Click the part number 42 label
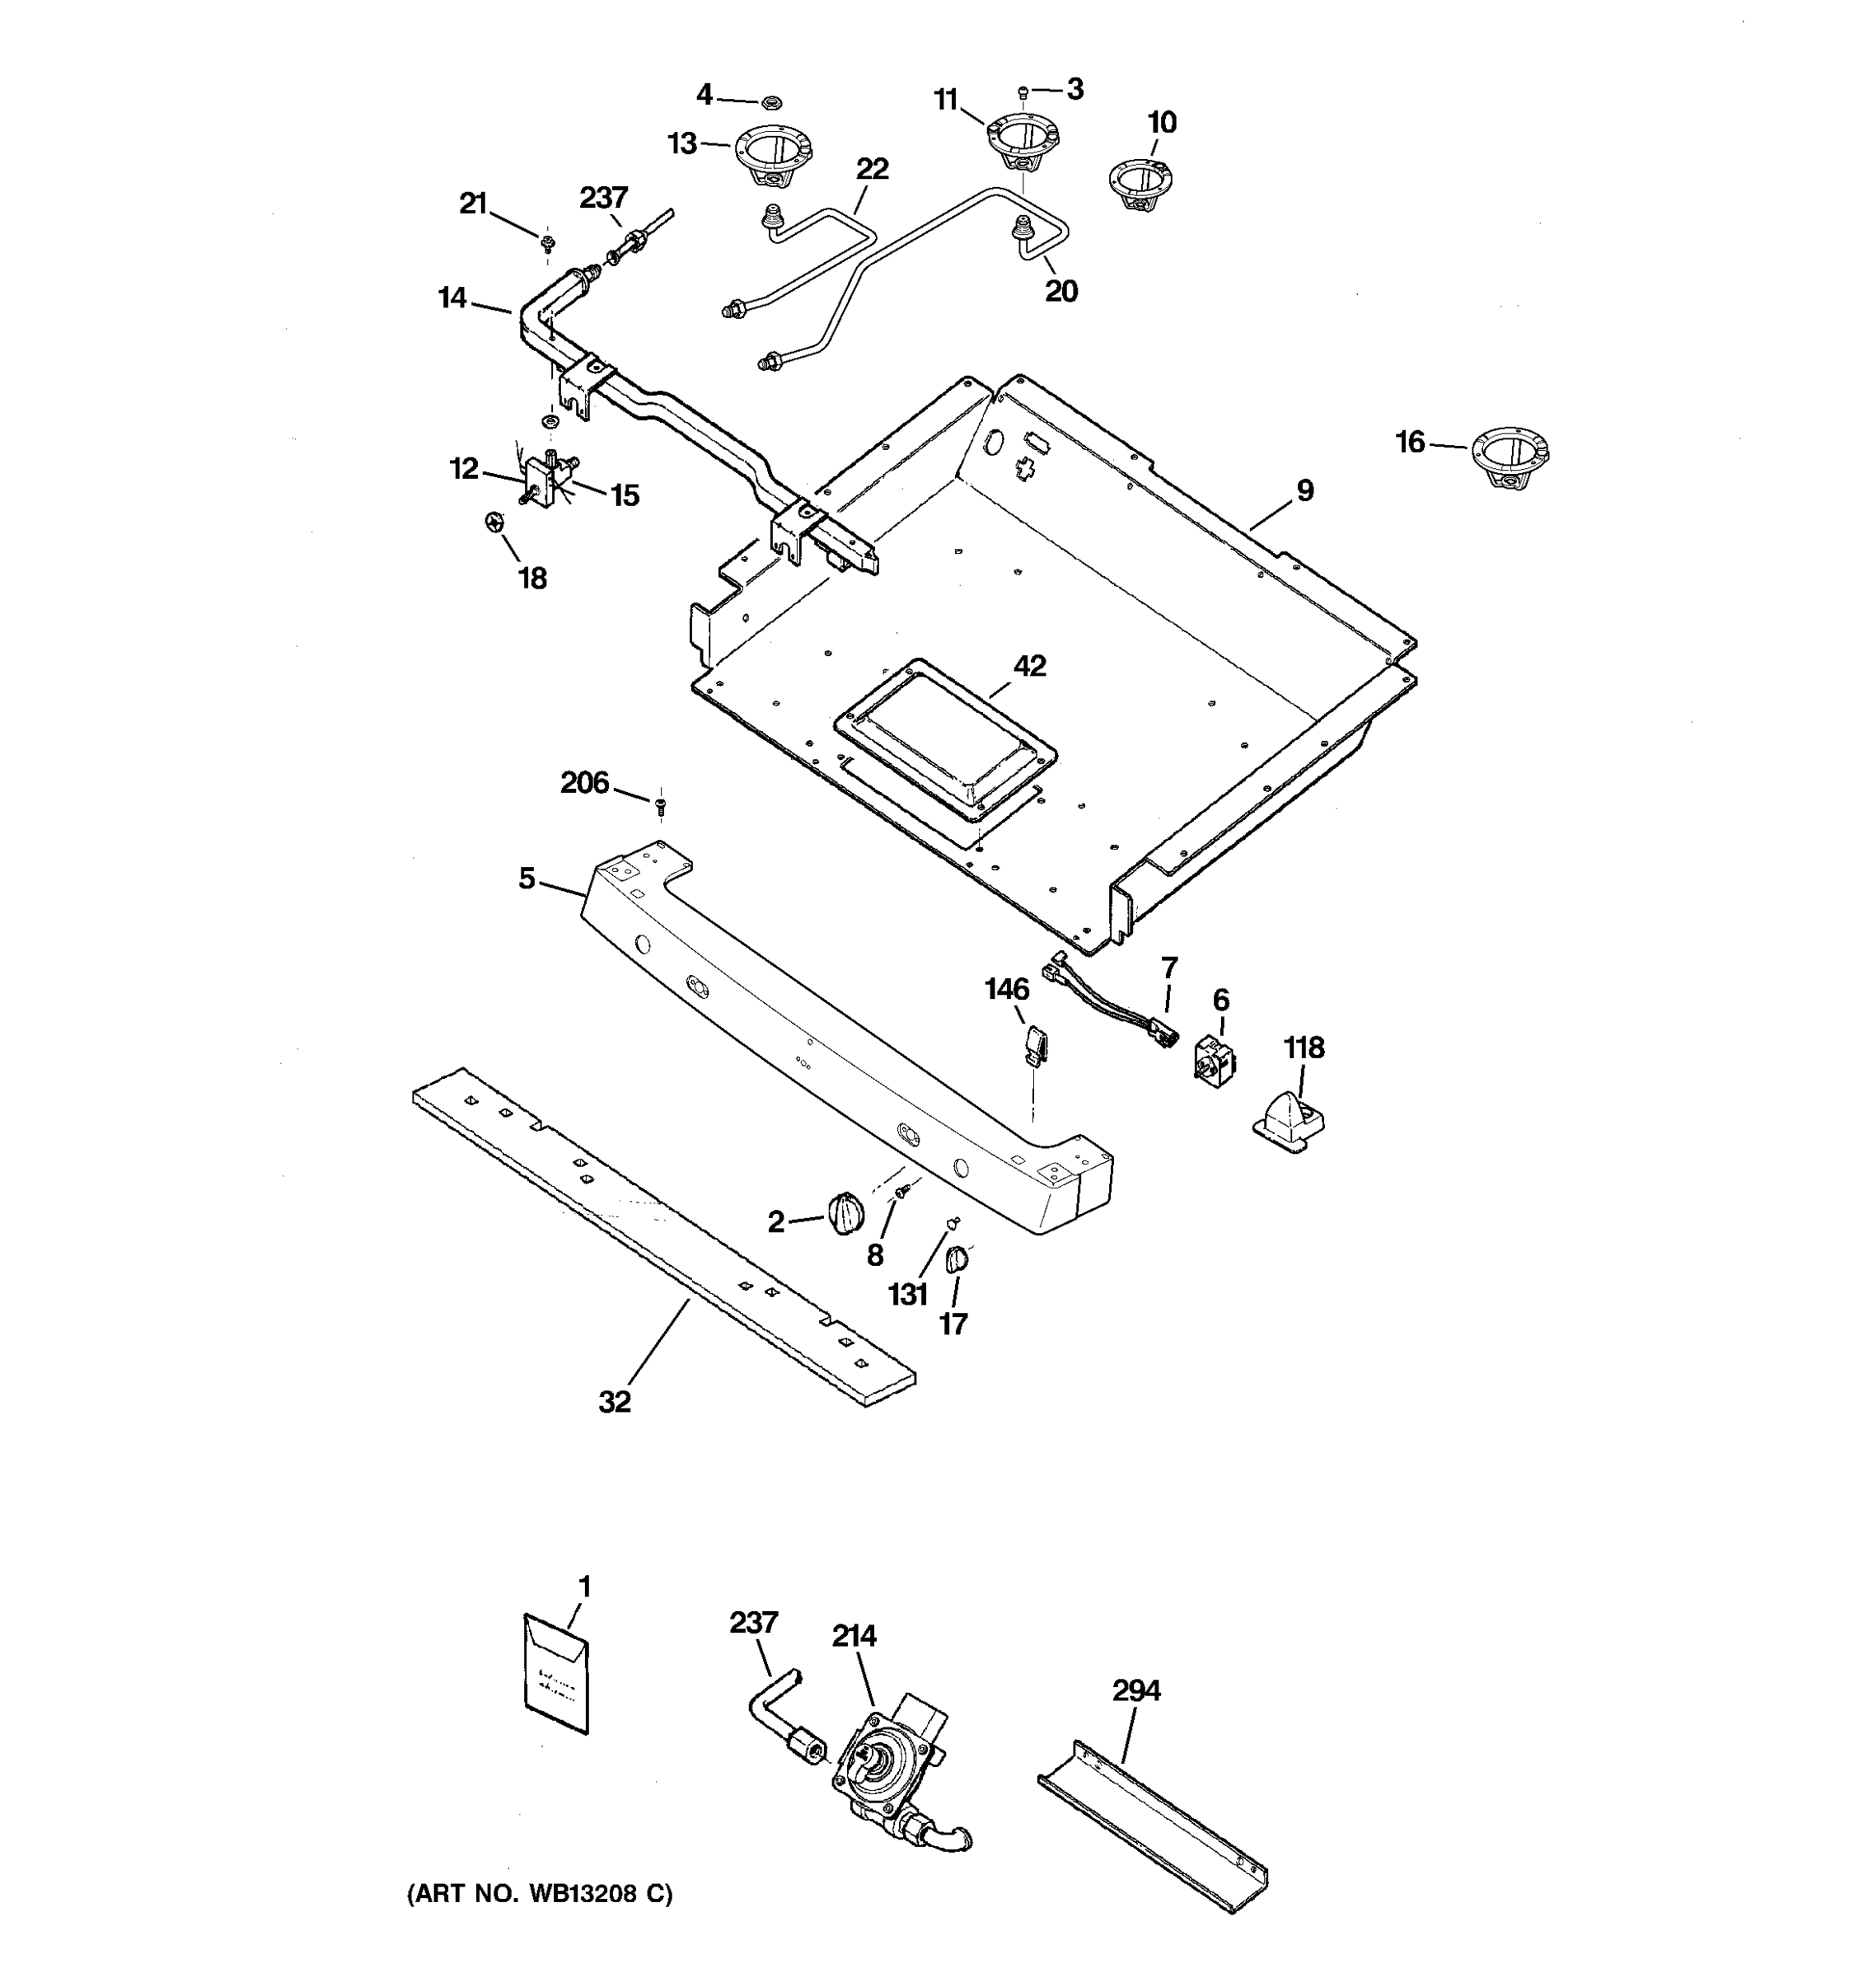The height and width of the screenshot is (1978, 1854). [1029, 666]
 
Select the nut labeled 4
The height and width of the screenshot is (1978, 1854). [770, 101]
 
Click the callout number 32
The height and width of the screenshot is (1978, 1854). [615, 1402]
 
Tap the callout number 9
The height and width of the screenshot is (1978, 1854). [1304, 490]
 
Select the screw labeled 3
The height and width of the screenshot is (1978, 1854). [1023, 93]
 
